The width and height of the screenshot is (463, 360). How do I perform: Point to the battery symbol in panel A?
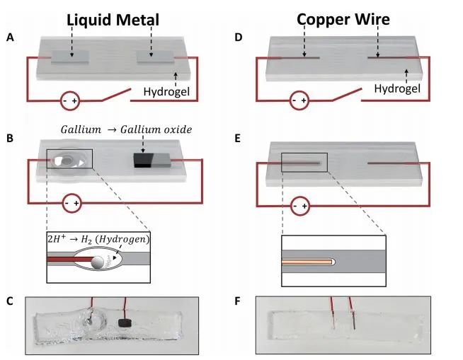point(69,101)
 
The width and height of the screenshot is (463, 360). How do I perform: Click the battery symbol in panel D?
point(299,101)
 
